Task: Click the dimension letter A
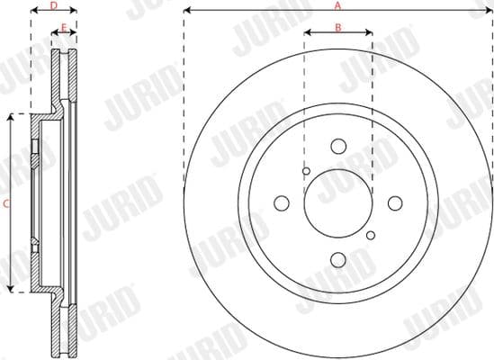click(338, 5)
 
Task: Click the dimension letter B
click(338, 27)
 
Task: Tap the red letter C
click(6, 203)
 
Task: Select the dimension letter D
click(52, 5)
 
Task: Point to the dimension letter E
click(62, 28)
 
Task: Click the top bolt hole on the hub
click(338, 146)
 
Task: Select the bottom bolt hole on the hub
click(338, 259)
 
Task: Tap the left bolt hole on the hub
click(282, 202)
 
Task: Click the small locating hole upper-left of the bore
click(306, 171)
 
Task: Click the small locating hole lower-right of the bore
click(370, 235)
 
